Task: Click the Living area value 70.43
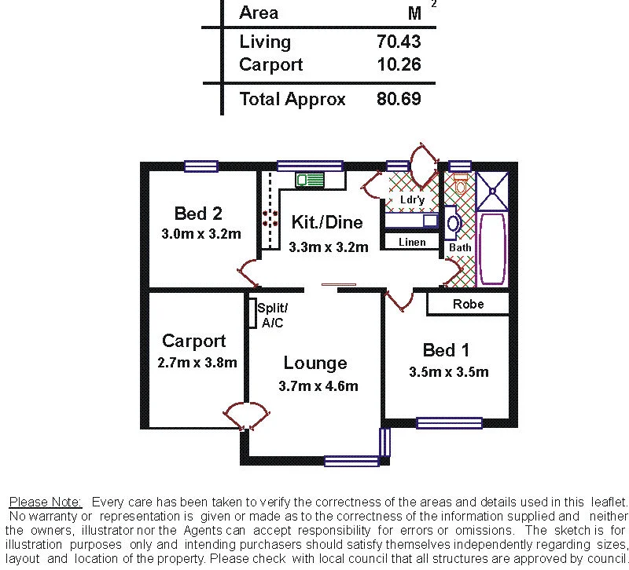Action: coord(399,42)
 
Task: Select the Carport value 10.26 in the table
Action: coord(399,65)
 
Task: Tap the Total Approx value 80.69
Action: coord(399,100)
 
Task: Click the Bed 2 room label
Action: coord(198,214)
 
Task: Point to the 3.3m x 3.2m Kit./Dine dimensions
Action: coord(329,247)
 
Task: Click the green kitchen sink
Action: coord(311,180)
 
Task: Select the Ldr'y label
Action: coord(412,200)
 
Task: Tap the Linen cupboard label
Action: coord(412,242)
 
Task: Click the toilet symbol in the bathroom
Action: coord(461,185)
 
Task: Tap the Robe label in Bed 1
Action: coord(469,305)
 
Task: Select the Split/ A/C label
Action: coord(273,315)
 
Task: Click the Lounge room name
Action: coord(315,364)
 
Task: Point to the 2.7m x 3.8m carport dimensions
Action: coord(197,363)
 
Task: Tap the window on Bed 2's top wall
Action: coord(201,166)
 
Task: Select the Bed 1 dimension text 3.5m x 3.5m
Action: coord(449,372)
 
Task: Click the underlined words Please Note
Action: coord(46,501)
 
